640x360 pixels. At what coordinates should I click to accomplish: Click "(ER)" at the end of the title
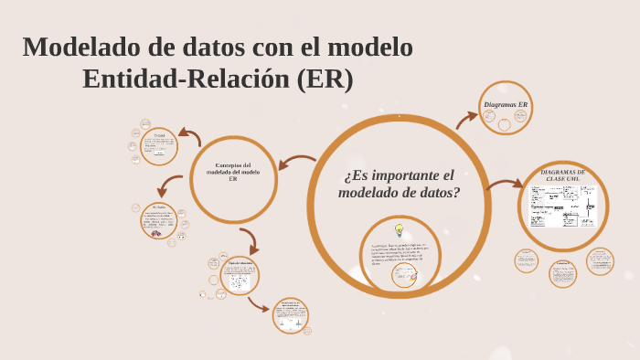coord(325,79)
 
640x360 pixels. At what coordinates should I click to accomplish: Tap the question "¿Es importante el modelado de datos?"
coord(399,184)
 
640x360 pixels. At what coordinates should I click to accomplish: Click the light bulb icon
coord(399,231)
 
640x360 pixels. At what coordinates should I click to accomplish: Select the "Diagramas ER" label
coord(506,105)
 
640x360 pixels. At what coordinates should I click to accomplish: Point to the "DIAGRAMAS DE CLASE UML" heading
coord(562,175)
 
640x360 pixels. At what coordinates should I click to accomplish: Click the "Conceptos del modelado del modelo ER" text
coord(233,172)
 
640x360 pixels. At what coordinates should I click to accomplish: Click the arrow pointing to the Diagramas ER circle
coord(467,120)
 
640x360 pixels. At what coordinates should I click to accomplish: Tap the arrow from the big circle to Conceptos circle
coord(296,164)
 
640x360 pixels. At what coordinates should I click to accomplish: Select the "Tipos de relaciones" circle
coord(240,275)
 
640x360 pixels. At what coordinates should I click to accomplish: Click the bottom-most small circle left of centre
coord(291,315)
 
